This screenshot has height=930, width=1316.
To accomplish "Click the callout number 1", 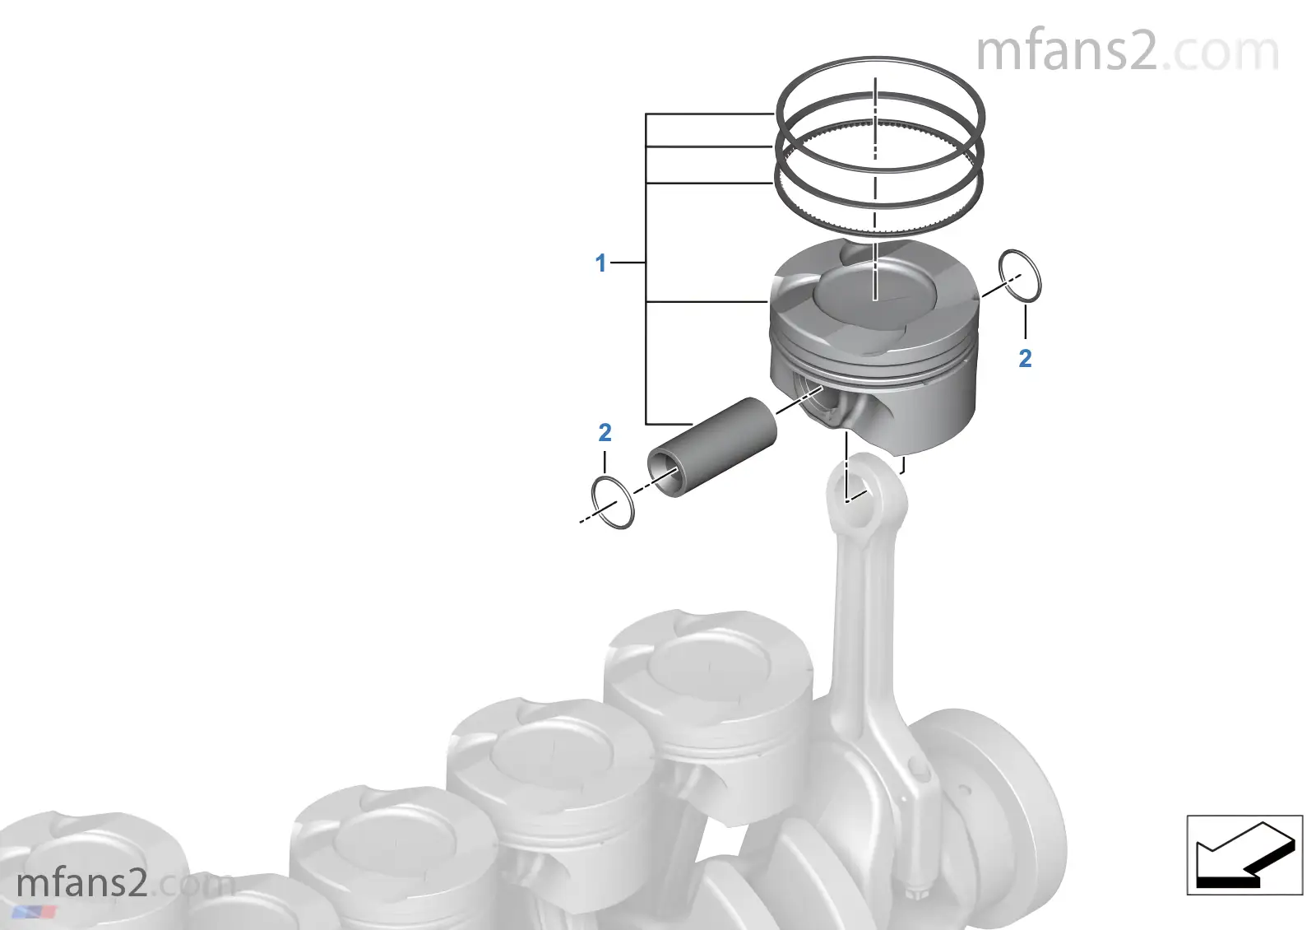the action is coord(600,263).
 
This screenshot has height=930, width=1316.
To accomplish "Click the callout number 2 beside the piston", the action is coord(1025,359).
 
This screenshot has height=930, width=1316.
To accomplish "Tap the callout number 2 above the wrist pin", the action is coord(605,433).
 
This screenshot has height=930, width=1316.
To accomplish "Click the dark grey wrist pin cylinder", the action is coord(711,447).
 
